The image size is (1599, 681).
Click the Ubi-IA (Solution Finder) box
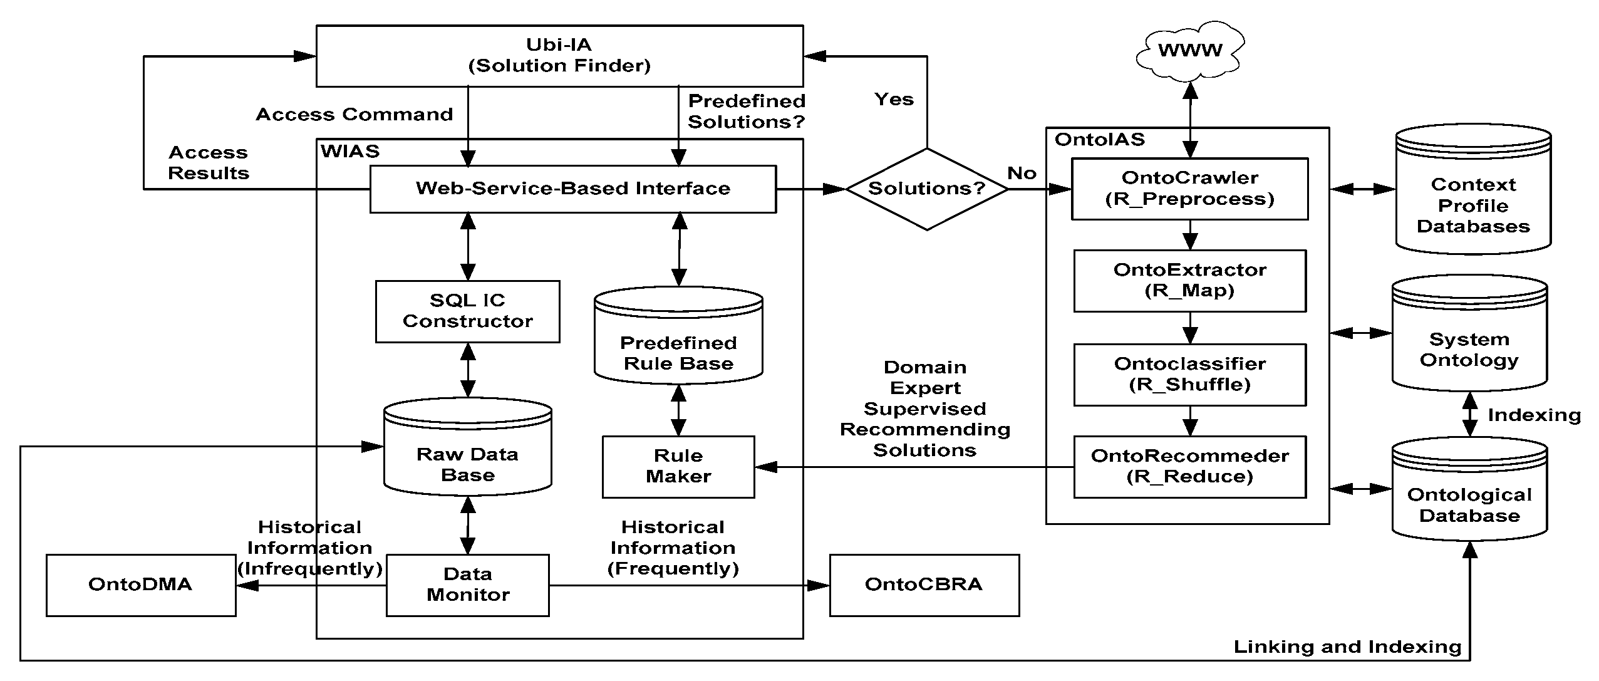(559, 56)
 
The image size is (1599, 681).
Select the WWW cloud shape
(1189, 50)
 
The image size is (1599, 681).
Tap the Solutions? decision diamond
(926, 189)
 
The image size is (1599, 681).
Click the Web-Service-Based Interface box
(572, 189)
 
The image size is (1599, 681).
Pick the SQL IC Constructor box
(467, 311)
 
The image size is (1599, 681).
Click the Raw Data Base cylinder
(467, 452)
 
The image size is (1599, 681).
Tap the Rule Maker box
(678, 467)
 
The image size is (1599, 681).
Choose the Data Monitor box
(467, 585)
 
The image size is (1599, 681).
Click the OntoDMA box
(141, 585)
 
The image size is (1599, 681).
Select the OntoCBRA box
(924, 585)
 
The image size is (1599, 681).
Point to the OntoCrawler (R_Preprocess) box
(1189, 189)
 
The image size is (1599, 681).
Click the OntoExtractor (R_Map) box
(1189, 281)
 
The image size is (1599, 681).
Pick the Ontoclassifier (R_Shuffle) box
(1189, 374)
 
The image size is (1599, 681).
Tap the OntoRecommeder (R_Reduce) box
(1189, 467)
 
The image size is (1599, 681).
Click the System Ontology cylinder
(1469, 341)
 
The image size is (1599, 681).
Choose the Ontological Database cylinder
(1469, 498)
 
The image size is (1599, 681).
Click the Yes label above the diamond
(894, 100)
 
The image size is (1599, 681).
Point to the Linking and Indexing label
(1347, 647)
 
